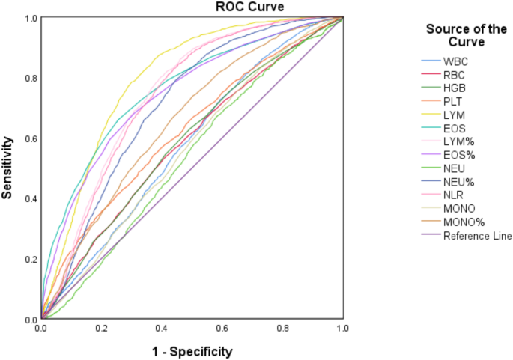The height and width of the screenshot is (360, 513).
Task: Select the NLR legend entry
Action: click(x=453, y=195)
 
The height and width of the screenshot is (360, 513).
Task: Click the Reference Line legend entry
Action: click(x=477, y=236)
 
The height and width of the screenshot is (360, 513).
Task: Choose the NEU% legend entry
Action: click(x=458, y=182)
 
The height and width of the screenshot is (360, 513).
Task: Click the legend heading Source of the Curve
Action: click(x=465, y=36)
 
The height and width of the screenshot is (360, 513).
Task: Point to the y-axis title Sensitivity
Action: click(x=8, y=167)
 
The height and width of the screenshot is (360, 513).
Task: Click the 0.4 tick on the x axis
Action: click(x=162, y=329)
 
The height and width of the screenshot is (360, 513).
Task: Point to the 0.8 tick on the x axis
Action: click(x=282, y=329)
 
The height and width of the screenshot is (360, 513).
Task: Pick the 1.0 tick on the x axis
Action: click(x=342, y=329)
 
